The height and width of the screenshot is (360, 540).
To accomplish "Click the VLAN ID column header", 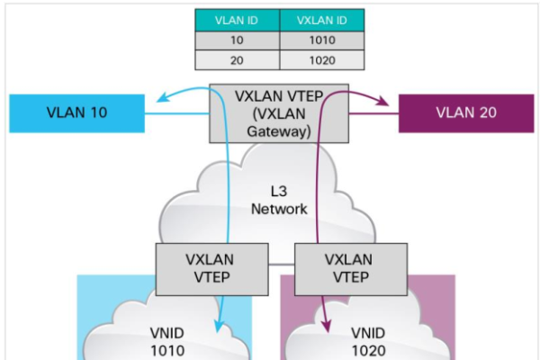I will coord(237,21).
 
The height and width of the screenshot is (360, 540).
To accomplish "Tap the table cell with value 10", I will coord(237,40).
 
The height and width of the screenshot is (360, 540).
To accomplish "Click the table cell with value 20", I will coord(237,59).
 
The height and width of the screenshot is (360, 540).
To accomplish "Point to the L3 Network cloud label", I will coord(289,200).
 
